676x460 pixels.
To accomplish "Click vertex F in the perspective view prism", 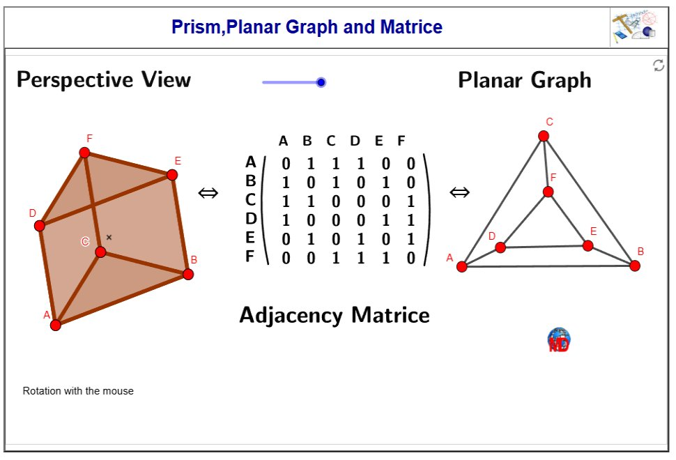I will (x=84, y=153).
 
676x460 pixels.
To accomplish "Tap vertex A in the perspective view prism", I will (x=56, y=325).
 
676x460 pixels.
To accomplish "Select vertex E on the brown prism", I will (x=172, y=175).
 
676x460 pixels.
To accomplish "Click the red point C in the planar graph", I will (x=544, y=136).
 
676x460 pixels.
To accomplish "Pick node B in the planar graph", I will (x=635, y=266).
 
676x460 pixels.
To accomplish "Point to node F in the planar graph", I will (x=548, y=192).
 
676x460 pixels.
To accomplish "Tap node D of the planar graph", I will (x=500, y=247).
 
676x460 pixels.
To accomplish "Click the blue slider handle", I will (x=321, y=82).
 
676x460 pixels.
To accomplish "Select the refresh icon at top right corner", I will (x=658, y=66).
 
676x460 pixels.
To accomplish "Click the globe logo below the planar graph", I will (x=559, y=339).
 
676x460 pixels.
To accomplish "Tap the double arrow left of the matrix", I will (x=208, y=193).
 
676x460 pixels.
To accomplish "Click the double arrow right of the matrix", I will (x=459, y=192).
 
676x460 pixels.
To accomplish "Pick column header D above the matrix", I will (x=355, y=141).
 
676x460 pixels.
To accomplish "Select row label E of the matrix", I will (x=251, y=238).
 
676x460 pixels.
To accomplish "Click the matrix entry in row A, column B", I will (x=311, y=164).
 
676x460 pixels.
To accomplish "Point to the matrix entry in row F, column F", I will (x=410, y=259).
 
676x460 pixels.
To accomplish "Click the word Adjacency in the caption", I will (x=291, y=315).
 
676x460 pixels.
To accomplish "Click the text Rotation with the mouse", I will (x=78, y=391).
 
